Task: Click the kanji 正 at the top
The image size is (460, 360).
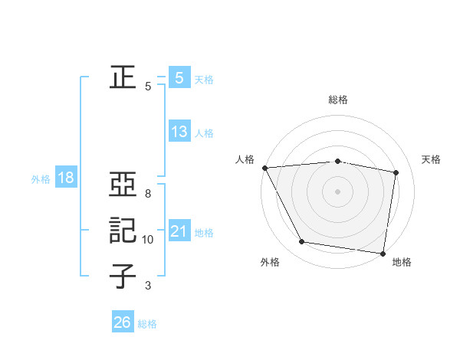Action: point(122,77)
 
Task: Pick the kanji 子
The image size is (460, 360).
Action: point(122,277)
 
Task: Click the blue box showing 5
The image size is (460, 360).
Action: point(179,77)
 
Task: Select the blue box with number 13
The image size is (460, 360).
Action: point(179,132)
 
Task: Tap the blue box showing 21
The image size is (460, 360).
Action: point(179,231)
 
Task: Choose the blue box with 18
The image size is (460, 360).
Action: point(65,178)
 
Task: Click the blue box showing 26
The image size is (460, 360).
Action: point(122,322)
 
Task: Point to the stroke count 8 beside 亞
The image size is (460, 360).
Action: point(147,193)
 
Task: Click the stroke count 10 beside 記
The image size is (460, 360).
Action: point(148,240)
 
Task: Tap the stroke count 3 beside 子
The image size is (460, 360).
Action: point(147,286)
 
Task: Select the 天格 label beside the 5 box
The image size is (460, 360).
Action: point(204,80)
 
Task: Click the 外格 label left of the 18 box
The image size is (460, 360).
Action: point(41,180)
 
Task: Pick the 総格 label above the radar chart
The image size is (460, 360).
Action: point(337,100)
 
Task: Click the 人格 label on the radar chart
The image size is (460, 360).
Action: point(245,159)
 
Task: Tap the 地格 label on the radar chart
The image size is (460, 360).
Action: point(402,262)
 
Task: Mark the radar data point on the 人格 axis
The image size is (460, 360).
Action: point(264,168)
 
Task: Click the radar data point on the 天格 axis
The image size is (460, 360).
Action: point(396,172)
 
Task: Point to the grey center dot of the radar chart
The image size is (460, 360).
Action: point(337,191)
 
